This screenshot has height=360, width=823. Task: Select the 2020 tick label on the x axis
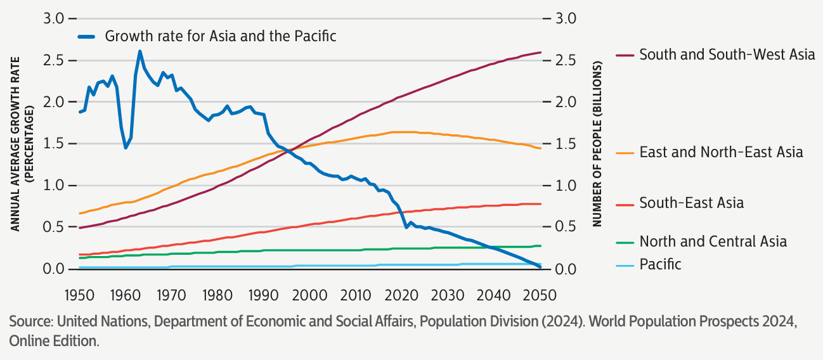coord(401,295)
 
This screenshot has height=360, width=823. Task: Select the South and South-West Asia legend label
coord(727,55)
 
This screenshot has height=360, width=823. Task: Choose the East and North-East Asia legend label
coord(721,152)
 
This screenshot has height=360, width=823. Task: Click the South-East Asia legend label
coord(691,203)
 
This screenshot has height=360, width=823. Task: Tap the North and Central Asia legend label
coord(713,241)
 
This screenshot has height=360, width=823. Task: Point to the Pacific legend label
coord(660,264)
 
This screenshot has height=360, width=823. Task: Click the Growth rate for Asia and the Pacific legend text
coord(220,36)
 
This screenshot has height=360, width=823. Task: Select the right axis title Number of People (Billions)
coord(597,145)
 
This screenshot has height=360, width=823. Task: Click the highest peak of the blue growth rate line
coord(139,51)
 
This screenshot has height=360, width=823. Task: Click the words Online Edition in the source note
coord(54,341)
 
